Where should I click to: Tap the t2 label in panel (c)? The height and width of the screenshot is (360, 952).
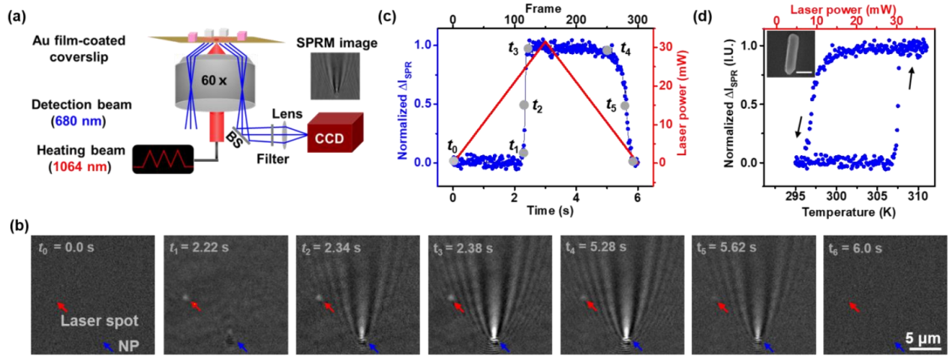click(x=537, y=106)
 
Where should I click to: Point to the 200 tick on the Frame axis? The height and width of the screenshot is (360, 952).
click(x=575, y=20)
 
